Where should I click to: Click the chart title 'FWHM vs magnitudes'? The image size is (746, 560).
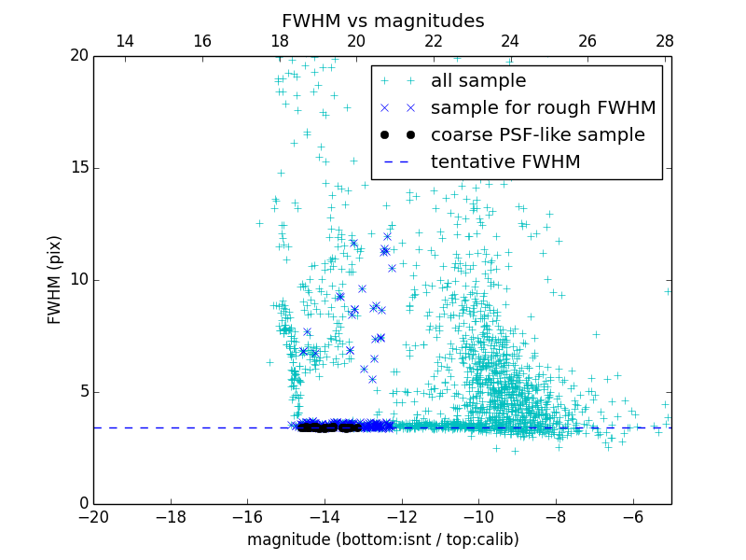[x=382, y=21]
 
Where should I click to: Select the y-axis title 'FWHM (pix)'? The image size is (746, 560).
[x=54, y=280]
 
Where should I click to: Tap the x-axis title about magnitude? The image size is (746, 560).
[x=382, y=539]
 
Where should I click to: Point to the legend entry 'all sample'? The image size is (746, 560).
[x=477, y=81]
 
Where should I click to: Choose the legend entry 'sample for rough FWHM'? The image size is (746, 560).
[x=543, y=108]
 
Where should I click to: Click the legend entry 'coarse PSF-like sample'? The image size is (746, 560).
[x=537, y=135]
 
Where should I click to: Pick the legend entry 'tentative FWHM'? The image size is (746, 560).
[x=505, y=162]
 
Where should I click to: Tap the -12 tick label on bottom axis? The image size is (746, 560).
[x=402, y=516]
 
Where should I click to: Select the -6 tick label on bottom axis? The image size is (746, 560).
[x=633, y=516]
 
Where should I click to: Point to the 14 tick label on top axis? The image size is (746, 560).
[x=124, y=41]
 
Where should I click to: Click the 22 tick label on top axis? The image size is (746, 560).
[x=433, y=41]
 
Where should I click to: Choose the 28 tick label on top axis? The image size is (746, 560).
[x=664, y=41]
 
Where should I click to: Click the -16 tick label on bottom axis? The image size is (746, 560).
[x=247, y=516]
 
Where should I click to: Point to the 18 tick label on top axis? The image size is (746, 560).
[x=279, y=41]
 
